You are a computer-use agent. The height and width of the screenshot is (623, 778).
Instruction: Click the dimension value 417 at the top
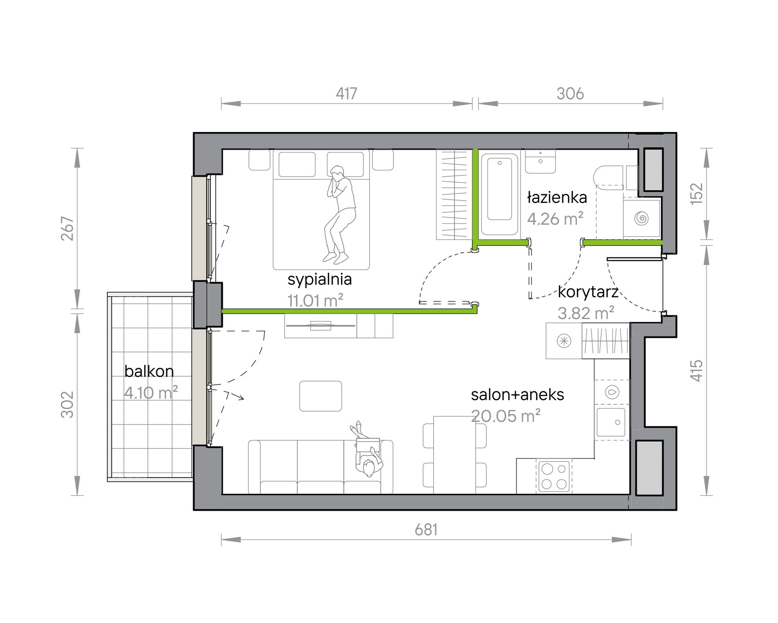tap(346, 94)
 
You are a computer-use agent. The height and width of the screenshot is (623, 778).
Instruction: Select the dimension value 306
tap(570, 94)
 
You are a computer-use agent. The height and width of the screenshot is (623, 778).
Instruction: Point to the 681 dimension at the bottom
tap(426, 530)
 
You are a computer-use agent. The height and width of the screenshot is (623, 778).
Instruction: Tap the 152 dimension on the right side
tap(697, 193)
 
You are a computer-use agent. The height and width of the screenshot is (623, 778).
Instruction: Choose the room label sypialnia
tap(320, 280)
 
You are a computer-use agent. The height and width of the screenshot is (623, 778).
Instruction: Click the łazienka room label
tap(557, 198)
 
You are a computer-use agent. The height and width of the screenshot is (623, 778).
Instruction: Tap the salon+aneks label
tap(518, 395)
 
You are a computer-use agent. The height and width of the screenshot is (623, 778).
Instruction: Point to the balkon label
tap(149, 371)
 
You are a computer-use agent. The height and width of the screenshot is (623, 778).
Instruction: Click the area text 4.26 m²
tap(555, 218)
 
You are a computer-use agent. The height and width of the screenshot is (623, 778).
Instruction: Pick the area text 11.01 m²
tap(315, 300)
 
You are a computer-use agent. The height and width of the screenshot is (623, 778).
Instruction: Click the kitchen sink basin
tap(611, 422)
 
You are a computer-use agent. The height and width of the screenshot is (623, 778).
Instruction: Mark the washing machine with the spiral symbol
tap(642, 218)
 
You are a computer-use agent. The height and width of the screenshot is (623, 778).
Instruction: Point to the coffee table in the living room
tap(321, 396)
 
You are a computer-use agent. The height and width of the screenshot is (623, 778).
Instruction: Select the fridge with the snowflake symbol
tap(564, 341)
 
